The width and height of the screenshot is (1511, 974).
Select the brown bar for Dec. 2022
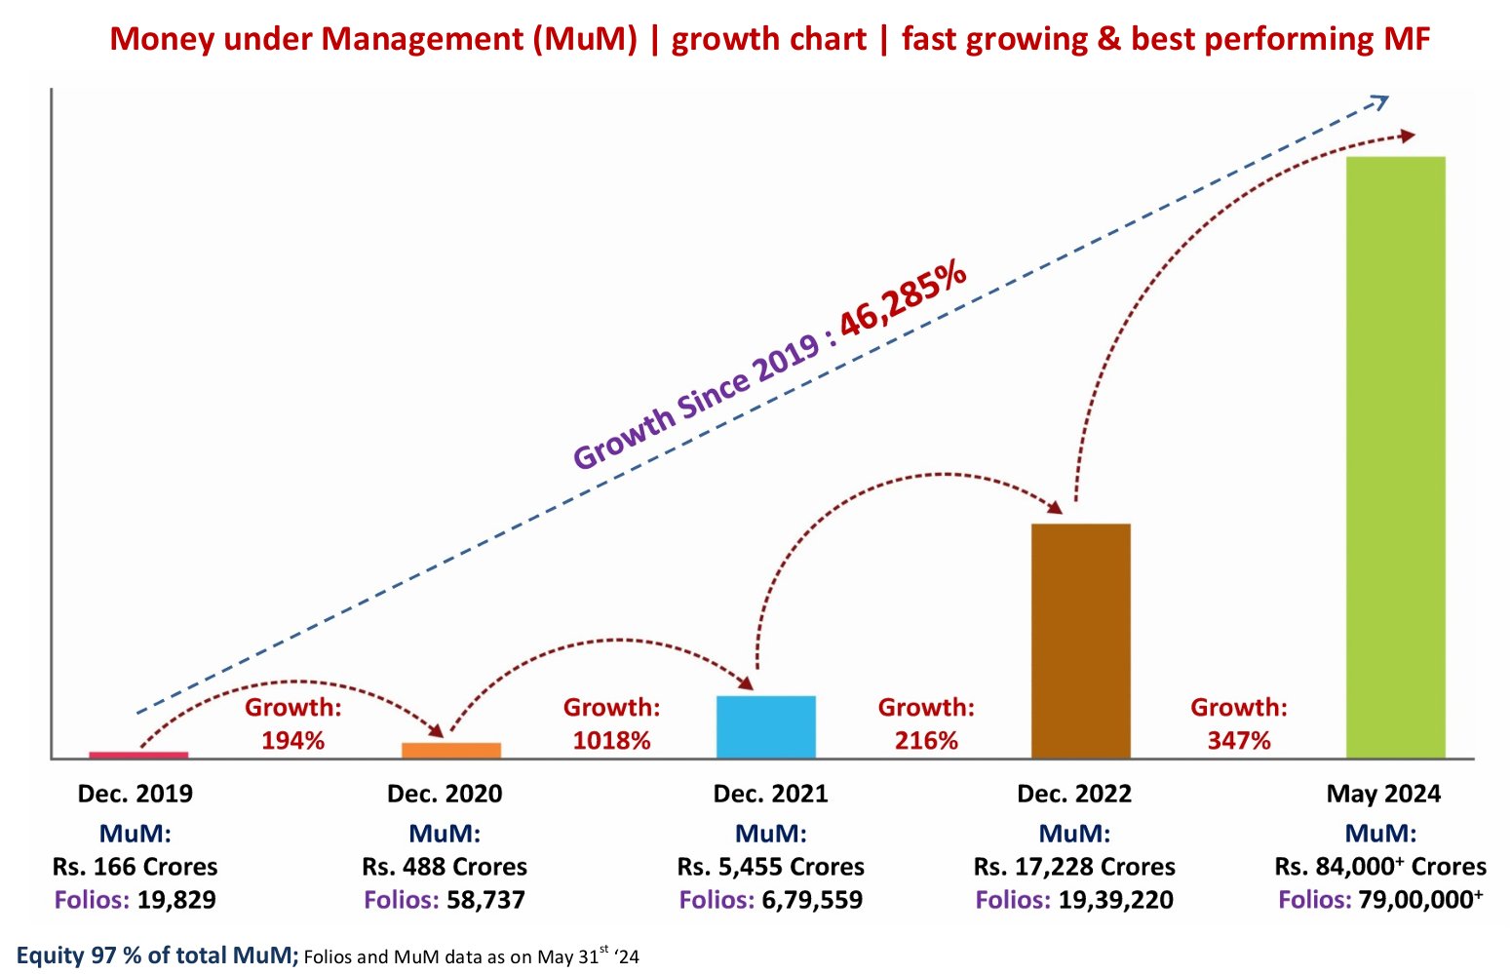1080,641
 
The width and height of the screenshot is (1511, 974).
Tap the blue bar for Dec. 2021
765,726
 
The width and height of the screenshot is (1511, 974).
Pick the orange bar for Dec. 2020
451,750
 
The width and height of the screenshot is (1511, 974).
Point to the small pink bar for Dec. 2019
138,755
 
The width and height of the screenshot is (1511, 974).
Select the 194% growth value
292,740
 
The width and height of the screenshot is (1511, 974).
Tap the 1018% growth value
611,740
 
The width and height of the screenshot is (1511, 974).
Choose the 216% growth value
926,740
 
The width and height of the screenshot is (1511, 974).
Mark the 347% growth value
1239,740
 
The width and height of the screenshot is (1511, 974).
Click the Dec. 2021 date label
770,794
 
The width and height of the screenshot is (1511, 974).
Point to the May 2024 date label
1382,794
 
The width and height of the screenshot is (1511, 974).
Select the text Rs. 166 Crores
136,867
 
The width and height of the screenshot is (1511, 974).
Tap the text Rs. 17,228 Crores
1074,867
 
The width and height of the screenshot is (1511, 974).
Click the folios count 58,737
485,900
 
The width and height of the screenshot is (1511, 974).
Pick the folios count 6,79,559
812,900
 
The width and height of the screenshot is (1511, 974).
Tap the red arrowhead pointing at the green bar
1406,136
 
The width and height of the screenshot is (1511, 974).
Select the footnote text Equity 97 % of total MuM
157,955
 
